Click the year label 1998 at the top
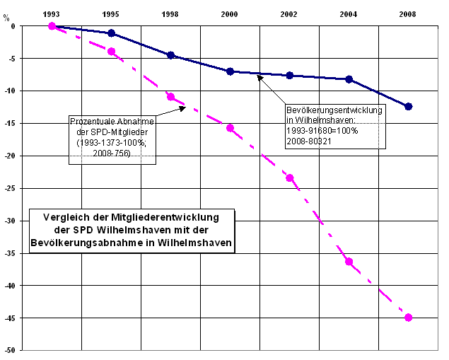[x=170, y=13]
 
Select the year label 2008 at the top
[x=408, y=13]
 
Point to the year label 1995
[x=111, y=13]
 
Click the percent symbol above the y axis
[x=7, y=18]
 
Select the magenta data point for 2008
[x=408, y=318]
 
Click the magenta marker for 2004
[x=349, y=262]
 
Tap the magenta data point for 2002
[x=289, y=178]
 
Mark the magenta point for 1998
[x=170, y=97]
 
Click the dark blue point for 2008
[x=408, y=106]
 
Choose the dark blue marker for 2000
[x=230, y=71]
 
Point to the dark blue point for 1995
[x=111, y=33]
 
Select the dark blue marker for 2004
[x=349, y=79]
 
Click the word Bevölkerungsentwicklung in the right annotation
[x=334, y=110]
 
